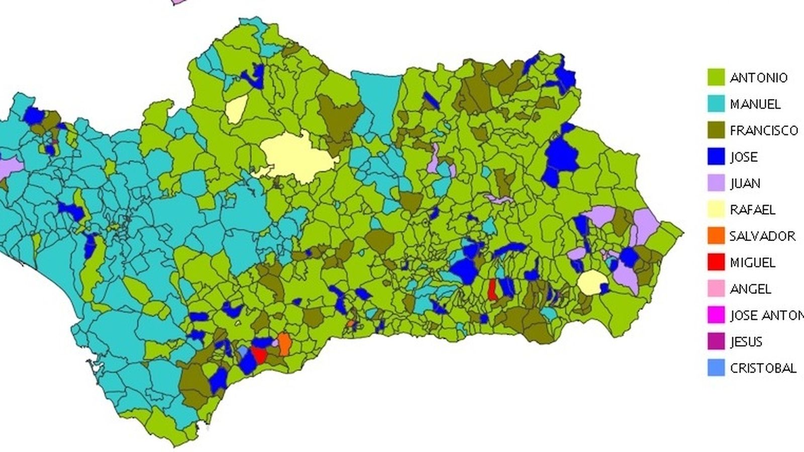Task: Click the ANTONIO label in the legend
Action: click(x=758, y=78)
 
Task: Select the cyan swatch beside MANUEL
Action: click(x=716, y=104)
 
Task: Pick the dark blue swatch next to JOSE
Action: click(x=716, y=157)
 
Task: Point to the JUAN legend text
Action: click(x=745, y=183)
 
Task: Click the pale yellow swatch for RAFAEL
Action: click(x=716, y=210)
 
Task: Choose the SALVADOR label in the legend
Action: click(x=762, y=236)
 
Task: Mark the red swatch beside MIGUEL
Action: click(x=716, y=262)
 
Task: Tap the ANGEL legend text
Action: click(x=750, y=289)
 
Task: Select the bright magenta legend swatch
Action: click(x=716, y=315)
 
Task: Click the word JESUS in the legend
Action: click(x=746, y=342)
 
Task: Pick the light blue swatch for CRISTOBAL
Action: click(x=716, y=368)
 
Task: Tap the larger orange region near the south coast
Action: click(x=284, y=344)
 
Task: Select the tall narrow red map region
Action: click(x=492, y=290)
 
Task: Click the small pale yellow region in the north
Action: click(x=236, y=109)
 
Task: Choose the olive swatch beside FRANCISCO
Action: click(x=716, y=131)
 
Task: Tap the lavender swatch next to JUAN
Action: click(x=716, y=183)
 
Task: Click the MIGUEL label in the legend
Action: click(x=752, y=262)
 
